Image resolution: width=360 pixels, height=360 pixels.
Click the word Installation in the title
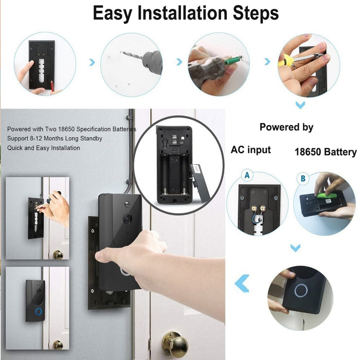point(183,13)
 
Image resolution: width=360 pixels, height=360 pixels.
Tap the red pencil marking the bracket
point(52,85)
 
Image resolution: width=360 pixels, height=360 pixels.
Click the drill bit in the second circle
point(131,56)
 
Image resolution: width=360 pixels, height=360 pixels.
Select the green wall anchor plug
point(232,61)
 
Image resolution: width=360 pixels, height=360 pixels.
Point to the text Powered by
point(286,127)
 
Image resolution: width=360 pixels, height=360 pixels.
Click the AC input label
point(251,150)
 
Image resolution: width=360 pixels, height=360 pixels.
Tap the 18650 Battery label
point(326,152)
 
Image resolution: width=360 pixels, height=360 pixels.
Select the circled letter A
point(247,175)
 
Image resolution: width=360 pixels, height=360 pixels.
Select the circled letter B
point(303,178)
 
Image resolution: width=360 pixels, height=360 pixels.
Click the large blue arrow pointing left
point(242,283)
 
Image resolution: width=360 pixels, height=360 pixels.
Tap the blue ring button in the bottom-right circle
point(301,291)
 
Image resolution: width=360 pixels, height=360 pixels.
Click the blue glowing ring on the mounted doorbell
point(39,312)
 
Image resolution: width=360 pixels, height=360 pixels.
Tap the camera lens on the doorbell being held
point(127,218)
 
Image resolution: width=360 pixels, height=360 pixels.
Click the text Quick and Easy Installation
point(44,148)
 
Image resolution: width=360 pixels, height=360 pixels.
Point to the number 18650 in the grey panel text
point(66,129)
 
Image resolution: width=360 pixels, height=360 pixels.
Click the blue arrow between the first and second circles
point(92,62)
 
